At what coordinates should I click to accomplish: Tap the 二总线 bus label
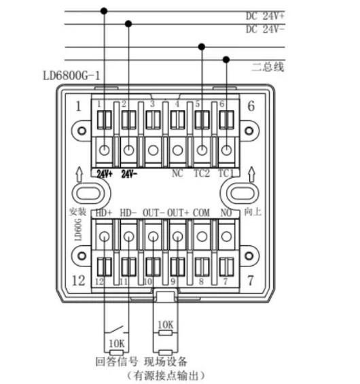point(267,66)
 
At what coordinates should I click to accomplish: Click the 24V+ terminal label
point(104,173)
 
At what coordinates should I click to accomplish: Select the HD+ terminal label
point(104,212)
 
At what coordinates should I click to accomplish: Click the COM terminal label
point(202,212)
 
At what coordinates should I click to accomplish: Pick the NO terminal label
point(226,212)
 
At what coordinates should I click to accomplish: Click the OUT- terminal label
point(153,212)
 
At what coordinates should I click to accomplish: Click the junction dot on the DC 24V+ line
point(104,11)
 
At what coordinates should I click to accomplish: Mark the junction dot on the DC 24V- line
point(128,24)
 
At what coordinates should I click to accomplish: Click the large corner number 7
point(251,281)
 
